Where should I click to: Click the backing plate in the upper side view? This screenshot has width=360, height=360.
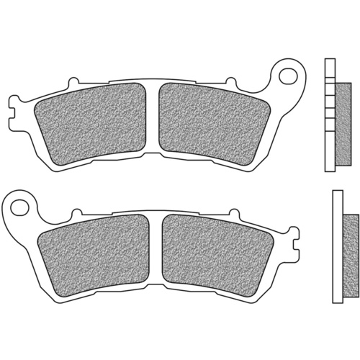tap(330, 112)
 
